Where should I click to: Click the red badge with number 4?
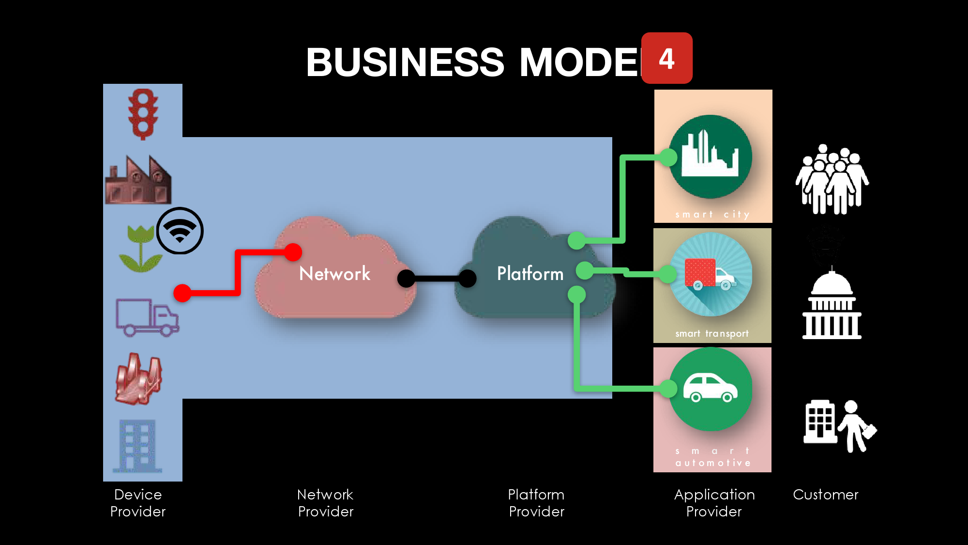(x=666, y=58)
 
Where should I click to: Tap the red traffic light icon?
(x=143, y=114)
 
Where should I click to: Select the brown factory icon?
(x=138, y=180)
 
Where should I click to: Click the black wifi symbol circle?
(x=180, y=231)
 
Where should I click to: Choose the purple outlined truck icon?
(x=147, y=318)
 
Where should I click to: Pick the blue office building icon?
(x=137, y=446)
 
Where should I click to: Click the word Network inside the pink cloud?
(x=334, y=274)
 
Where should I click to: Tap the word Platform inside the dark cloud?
(x=530, y=274)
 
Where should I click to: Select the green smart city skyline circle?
(x=710, y=156)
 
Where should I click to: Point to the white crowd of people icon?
(x=832, y=180)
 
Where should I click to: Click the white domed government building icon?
(x=832, y=305)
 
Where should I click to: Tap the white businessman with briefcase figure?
(x=857, y=426)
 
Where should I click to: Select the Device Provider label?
(x=138, y=503)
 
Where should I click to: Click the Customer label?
(x=825, y=495)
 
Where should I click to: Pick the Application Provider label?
(x=714, y=503)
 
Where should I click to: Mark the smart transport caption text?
(x=711, y=334)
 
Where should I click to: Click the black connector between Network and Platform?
(x=437, y=279)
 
